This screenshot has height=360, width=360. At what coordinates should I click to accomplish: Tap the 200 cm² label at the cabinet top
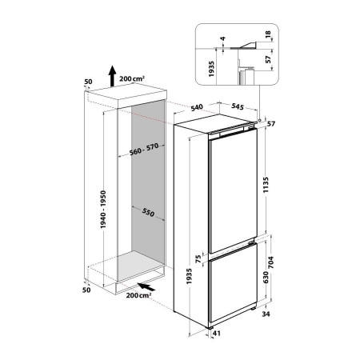[132, 81]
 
